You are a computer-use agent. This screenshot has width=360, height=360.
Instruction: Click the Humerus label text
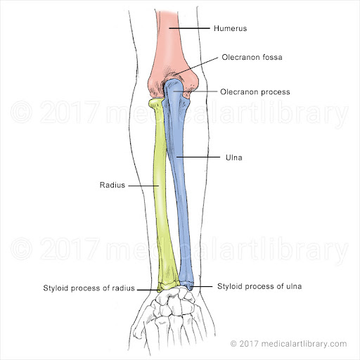click(x=230, y=28)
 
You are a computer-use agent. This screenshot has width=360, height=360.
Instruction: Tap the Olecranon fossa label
click(x=252, y=57)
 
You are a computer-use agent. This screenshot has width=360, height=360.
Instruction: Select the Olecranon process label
click(x=255, y=91)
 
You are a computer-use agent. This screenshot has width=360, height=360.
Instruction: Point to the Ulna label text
click(x=234, y=157)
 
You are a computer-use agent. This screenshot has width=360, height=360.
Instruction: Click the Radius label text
click(x=112, y=185)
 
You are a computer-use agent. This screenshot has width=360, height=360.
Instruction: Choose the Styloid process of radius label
click(x=89, y=288)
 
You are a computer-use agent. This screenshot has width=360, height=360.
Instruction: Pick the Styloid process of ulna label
click(x=259, y=286)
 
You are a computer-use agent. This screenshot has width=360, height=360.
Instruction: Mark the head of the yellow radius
click(x=156, y=103)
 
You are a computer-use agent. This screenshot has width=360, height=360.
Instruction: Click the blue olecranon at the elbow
click(x=174, y=90)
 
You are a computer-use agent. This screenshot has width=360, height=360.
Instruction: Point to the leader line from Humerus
click(x=189, y=28)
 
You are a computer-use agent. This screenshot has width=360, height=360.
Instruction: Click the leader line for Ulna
click(x=198, y=157)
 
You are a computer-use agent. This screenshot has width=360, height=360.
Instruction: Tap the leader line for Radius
click(x=143, y=186)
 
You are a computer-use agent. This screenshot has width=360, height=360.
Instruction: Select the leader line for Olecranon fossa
click(x=196, y=66)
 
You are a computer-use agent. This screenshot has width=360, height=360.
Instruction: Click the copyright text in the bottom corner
click(x=288, y=344)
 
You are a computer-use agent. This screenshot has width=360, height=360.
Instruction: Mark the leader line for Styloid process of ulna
click(x=201, y=286)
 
